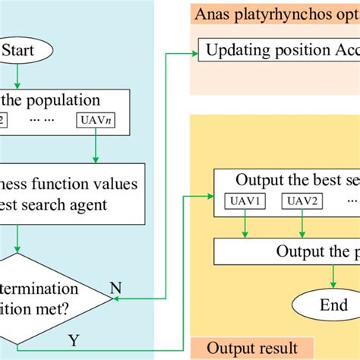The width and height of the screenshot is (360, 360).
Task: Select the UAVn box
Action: [x=94, y=119]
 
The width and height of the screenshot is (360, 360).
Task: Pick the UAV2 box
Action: [x=302, y=201]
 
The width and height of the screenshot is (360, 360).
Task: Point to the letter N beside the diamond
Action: [x=115, y=289]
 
